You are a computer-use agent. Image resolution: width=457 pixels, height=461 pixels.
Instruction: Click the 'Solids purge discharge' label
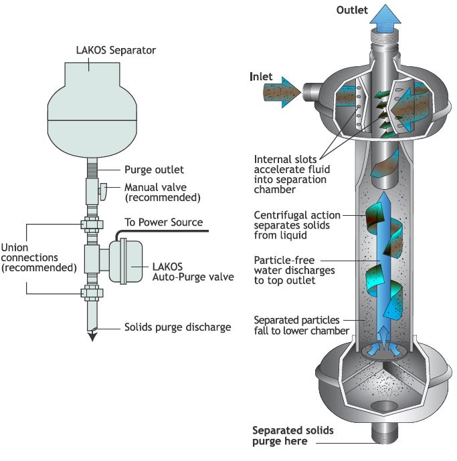tap(177, 327)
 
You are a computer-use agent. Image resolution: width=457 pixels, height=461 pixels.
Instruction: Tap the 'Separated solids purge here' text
tap(292, 435)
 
